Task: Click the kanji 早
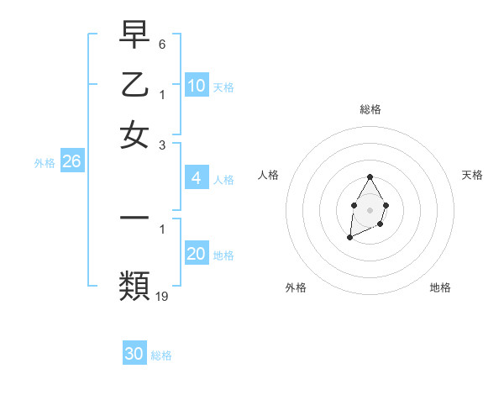coord(134,35)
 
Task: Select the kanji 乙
coord(134,85)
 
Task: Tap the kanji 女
coord(134,134)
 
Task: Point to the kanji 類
coord(134,286)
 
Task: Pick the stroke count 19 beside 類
coord(163,296)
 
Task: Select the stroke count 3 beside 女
coord(162,145)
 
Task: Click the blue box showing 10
coord(197,86)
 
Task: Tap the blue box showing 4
coord(196,178)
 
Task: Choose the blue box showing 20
coord(197,254)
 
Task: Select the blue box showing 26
coord(71,162)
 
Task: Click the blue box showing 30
coord(134,354)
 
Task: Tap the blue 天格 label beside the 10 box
coord(223,87)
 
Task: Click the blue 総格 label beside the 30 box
coord(161,355)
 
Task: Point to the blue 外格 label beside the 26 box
coord(45,163)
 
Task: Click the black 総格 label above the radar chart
coord(370,109)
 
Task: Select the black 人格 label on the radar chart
coord(269,175)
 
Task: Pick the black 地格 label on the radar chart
coord(440,287)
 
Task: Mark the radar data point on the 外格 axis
coord(349,238)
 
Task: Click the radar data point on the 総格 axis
coord(370,176)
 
